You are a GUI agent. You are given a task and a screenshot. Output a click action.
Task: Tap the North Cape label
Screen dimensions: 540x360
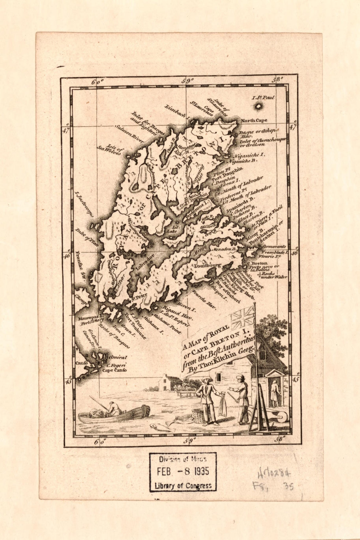click(254, 120)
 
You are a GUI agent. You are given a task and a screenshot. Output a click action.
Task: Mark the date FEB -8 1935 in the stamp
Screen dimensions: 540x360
click(183, 471)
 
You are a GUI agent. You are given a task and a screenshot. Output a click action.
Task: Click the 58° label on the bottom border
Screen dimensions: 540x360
click(279, 439)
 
